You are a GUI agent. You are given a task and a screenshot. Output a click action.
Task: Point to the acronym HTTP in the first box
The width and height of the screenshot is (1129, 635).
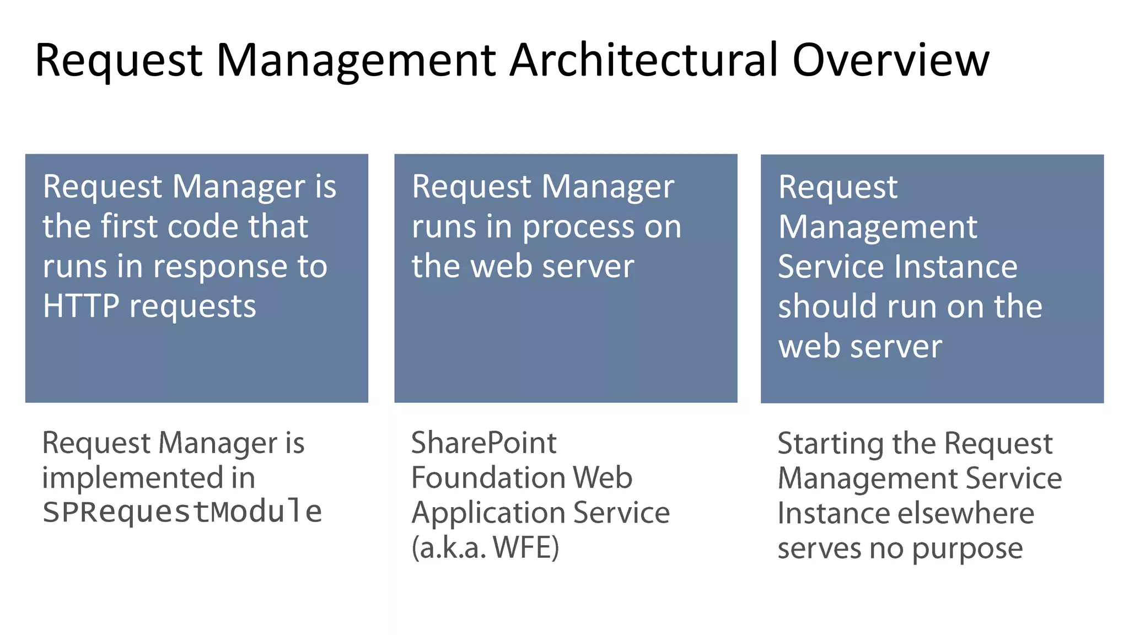81,306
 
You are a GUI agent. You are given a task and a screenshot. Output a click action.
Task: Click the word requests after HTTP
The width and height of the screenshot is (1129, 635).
192,307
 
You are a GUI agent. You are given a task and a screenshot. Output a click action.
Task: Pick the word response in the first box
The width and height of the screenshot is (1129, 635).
221,267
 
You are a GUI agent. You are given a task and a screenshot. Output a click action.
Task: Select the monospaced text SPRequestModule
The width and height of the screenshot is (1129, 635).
182,512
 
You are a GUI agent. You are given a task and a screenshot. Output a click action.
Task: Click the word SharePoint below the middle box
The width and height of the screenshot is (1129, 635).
484,443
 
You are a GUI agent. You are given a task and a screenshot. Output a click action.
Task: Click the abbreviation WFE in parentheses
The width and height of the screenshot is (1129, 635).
526,547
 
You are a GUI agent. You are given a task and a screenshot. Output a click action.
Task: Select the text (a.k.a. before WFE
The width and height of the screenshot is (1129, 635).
449,547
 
